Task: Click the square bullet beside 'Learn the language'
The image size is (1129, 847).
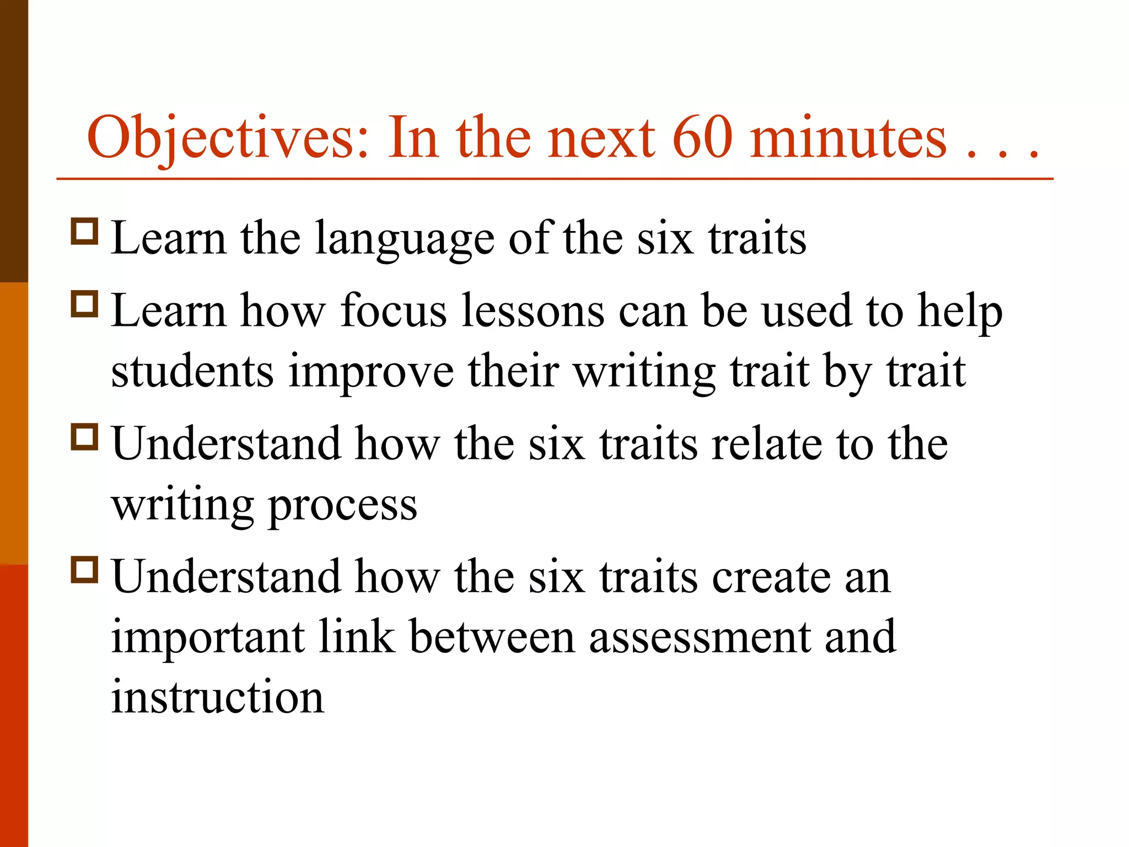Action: pyautogui.click(x=84, y=232)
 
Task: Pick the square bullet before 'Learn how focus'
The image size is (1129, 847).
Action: pyautogui.click(x=84, y=304)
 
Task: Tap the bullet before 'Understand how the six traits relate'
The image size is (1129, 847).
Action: pyautogui.click(x=84, y=437)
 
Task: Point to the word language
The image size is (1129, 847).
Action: pyautogui.click(x=405, y=240)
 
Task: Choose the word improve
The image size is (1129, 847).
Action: pyautogui.click(x=371, y=373)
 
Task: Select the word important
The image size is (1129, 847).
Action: pyautogui.click(x=208, y=639)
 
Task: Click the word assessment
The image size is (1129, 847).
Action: pyautogui.click(x=700, y=639)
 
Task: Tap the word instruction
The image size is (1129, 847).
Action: pyautogui.click(x=218, y=697)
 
